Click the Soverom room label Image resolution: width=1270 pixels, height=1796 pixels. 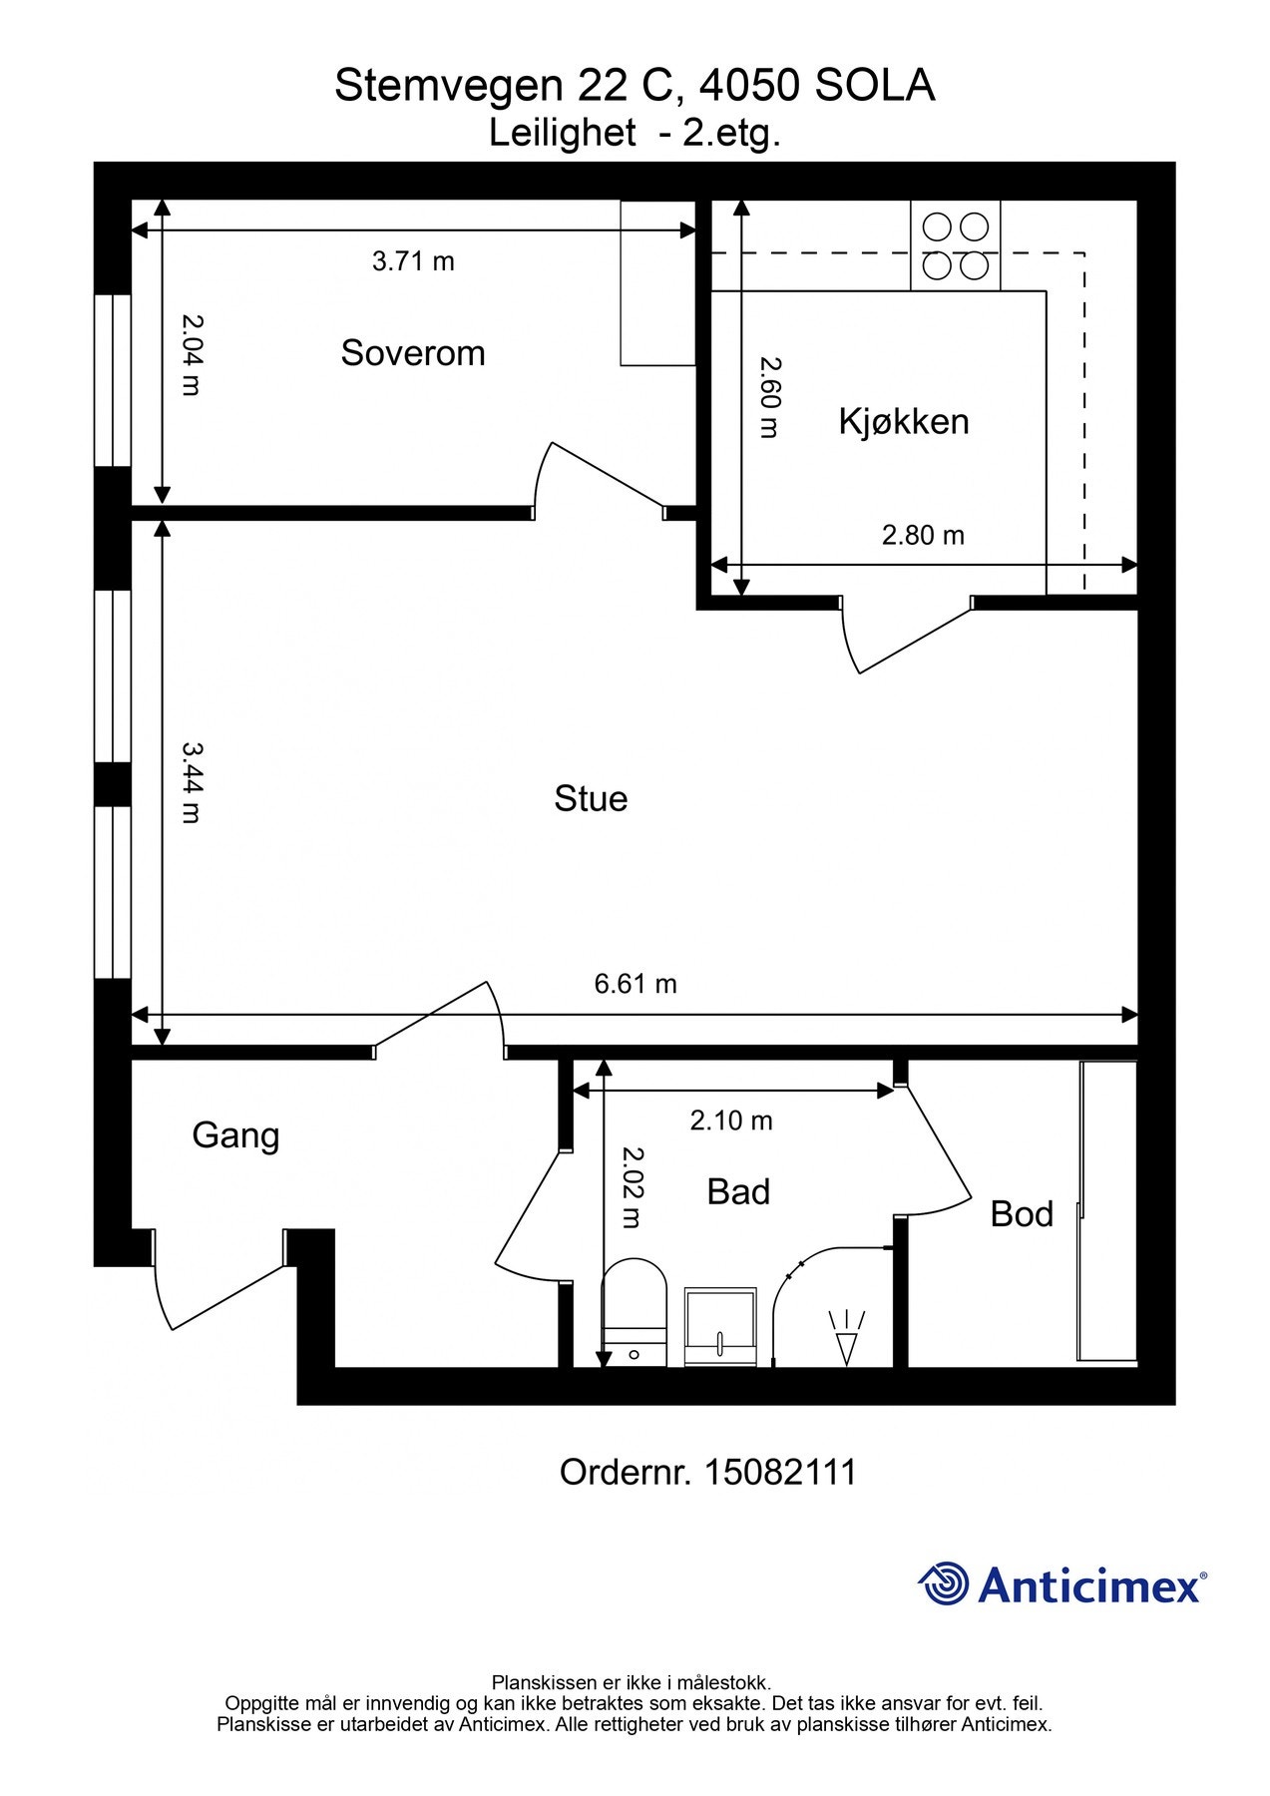(x=413, y=353)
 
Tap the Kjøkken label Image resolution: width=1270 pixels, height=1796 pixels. (x=904, y=421)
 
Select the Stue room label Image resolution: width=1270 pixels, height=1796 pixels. (x=591, y=798)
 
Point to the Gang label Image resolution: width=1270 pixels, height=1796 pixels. (x=235, y=1136)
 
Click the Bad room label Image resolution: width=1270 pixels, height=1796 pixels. (x=738, y=1191)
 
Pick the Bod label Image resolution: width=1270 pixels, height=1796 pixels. (x=1022, y=1213)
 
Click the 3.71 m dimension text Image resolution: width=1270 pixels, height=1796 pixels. (x=413, y=261)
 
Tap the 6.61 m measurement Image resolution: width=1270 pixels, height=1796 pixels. (x=635, y=984)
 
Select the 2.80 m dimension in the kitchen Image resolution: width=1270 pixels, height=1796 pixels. (x=923, y=536)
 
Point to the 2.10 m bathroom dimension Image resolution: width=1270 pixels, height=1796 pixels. (x=731, y=1121)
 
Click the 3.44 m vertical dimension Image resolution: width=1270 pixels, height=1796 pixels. (x=192, y=781)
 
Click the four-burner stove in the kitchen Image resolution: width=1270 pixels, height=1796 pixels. (x=955, y=246)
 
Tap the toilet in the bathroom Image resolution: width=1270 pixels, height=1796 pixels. (x=635, y=1312)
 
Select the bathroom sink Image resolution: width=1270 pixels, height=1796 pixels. (x=720, y=1327)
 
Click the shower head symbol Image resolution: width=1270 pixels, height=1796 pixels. (x=847, y=1337)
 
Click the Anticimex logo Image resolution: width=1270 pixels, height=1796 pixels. (x=1061, y=1583)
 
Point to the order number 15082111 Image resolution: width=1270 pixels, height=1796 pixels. (x=780, y=1472)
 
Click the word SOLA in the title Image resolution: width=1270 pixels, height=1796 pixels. (x=875, y=86)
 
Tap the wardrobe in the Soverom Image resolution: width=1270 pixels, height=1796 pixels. (x=657, y=282)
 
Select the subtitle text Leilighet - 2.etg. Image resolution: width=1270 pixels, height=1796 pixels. (x=635, y=133)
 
